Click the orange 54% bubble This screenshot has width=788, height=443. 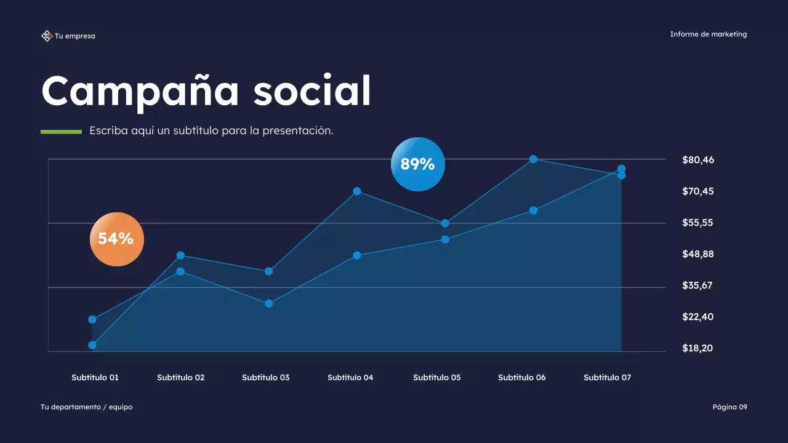(117, 239)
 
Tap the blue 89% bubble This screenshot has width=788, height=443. (417, 164)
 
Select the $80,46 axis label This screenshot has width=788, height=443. (698, 160)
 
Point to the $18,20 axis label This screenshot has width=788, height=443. (698, 348)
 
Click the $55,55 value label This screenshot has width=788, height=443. (698, 223)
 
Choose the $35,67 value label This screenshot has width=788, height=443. (698, 285)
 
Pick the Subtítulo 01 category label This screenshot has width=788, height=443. (95, 377)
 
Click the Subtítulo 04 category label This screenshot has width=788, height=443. (350, 377)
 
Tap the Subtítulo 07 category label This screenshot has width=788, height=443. (607, 377)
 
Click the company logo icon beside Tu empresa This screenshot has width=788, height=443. (46, 36)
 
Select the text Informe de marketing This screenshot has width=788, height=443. (708, 34)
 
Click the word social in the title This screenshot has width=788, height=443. (312, 91)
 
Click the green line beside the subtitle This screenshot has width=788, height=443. (61, 132)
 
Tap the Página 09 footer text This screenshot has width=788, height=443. (730, 407)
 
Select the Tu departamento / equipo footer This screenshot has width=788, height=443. (86, 407)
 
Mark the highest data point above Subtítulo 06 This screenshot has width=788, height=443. (533, 159)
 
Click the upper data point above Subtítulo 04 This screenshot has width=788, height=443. (356, 191)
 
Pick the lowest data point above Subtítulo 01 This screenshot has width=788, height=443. (92, 345)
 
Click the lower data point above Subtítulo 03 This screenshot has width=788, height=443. (268, 303)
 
